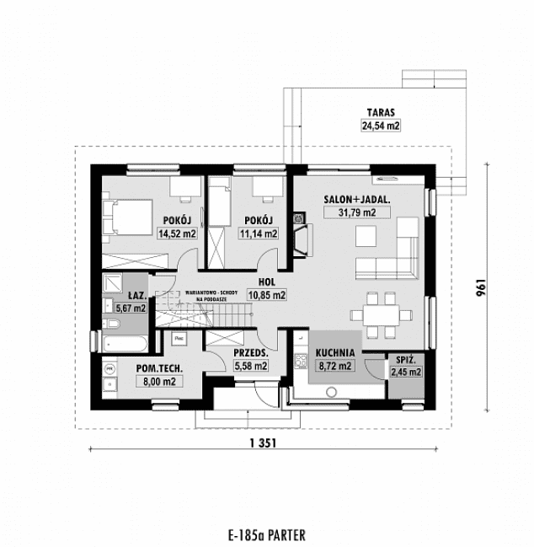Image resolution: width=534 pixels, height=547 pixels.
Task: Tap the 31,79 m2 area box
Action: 350,213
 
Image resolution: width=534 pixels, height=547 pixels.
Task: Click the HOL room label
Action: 267,283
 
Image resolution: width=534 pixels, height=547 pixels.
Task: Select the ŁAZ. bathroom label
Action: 138,295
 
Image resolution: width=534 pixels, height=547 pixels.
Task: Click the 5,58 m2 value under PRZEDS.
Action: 250,366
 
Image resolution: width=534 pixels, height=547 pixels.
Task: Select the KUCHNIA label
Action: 334,354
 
